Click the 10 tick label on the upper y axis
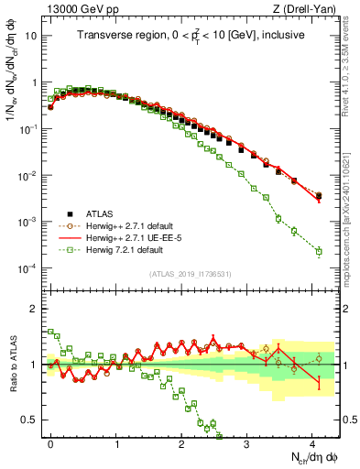(31, 36)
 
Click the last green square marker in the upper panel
(319, 251)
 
